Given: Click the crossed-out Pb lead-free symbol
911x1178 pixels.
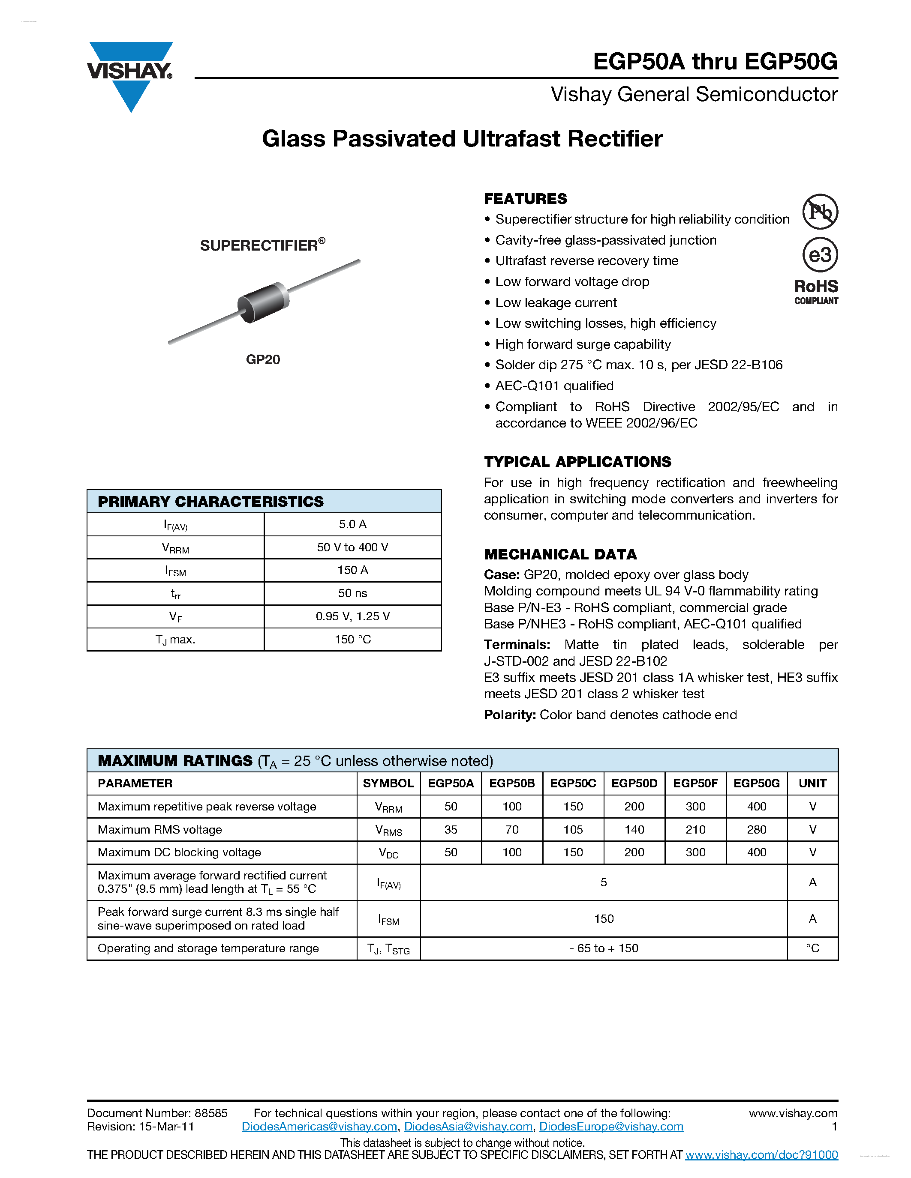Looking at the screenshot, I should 819,212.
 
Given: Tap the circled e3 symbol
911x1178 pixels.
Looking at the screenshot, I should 819,254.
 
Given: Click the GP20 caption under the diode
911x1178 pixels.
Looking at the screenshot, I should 263,360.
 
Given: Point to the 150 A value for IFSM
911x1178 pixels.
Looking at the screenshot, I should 352,570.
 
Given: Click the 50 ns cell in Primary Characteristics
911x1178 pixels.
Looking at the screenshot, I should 352,593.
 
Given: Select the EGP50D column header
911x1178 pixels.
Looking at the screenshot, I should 634,783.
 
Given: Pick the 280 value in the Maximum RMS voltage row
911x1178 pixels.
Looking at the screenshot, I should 756,830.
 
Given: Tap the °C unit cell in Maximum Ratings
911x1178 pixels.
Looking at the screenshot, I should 812,948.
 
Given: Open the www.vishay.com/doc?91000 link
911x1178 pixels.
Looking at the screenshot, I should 761,1155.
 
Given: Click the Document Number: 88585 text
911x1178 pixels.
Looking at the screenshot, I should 157,1113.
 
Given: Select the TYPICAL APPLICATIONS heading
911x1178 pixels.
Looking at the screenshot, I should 577,462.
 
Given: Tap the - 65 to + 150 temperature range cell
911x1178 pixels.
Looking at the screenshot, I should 603,948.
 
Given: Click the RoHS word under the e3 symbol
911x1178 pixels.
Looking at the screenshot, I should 815,287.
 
